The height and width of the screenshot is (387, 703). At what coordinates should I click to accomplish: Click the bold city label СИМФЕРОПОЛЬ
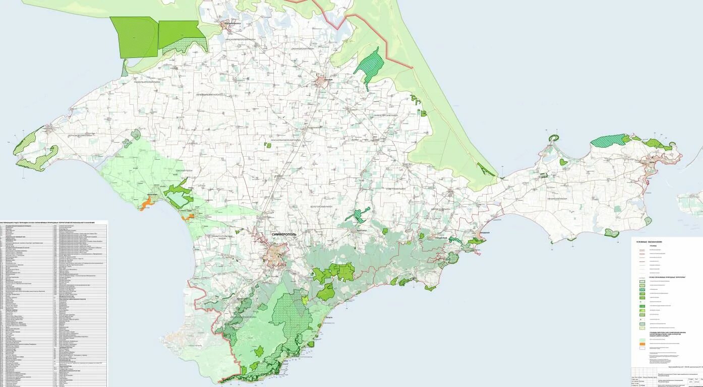(x=284, y=234)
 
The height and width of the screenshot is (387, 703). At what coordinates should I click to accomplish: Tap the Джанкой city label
(x=329, y=79)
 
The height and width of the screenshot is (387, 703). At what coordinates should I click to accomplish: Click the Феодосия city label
(x=484, y=232)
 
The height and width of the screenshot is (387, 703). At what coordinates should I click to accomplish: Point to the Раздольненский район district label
(x=147, y=81)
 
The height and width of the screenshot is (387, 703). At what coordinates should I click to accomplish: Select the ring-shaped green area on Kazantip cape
(x=555, y=138)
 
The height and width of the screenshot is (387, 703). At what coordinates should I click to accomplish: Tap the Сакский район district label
(x=184, y=171)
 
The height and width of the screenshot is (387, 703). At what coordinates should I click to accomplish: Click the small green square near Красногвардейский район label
(x=269, y=146)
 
